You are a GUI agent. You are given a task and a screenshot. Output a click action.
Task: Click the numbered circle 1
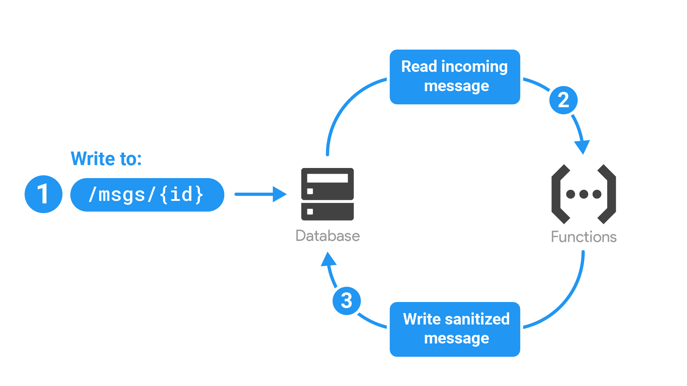pyautogui.click(x=43, y=194)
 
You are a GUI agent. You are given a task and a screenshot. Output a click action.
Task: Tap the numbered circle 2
pyautogui.click(x=563, y=100)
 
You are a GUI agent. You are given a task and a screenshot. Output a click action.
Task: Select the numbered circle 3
pyautogui.click(x=346, y=301)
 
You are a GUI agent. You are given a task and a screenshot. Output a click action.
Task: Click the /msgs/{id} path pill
pyautogui.click(x=147, y=195)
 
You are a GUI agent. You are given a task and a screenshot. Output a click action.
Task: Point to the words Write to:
pyautogui.click(x=106, y=159)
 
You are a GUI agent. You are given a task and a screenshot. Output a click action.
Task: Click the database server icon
pyautogui.click(x=327, y=194)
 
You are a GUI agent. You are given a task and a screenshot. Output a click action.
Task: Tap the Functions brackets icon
pyautogui.click(x=584, y=194)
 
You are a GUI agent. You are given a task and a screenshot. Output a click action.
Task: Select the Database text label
pyautogui.click(x=327, y=236)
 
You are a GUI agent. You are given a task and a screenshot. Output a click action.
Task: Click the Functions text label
pyautogui.click(x=584, y=237)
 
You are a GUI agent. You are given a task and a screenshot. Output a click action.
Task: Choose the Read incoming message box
pyautogui.click(x=454, y=77)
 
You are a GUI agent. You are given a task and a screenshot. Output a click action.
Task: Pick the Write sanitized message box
pyautogui.click(x=454, y=329)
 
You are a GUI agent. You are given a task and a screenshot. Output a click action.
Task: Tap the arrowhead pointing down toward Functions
pyautogui.click(x=582, y=147)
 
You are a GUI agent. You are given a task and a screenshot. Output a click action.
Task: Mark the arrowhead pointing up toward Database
pyautogui.click(x=328, y=259)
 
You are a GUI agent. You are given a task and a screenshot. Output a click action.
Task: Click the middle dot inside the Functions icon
pyautogui.click(x=584, y=194)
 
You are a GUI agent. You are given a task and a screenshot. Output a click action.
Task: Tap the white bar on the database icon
pyautogui.click(x=327, y=178)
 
